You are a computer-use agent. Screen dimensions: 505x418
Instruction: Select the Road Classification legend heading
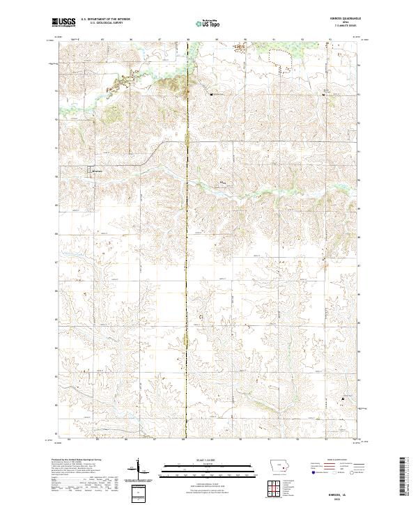[x=336, y=460]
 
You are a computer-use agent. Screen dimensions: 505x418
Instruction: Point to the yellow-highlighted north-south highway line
[x=187, y=279]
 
